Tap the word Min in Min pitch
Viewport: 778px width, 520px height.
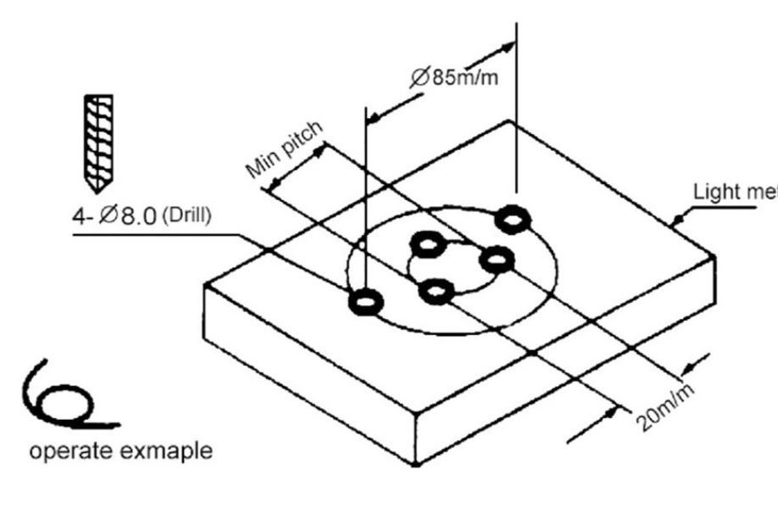(264, 162)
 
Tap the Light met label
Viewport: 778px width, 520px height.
(734, 192)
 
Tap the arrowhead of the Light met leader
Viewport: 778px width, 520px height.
(675, 222)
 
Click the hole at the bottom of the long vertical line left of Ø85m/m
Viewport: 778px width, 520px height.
(366, 300)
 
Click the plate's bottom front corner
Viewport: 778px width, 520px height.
(415, 463)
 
